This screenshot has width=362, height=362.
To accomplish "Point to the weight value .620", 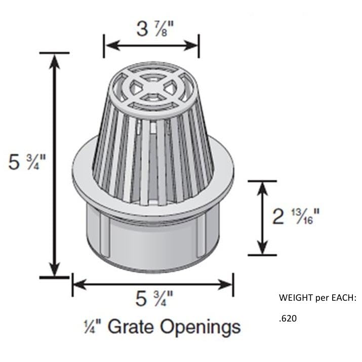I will tap(287, 319).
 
